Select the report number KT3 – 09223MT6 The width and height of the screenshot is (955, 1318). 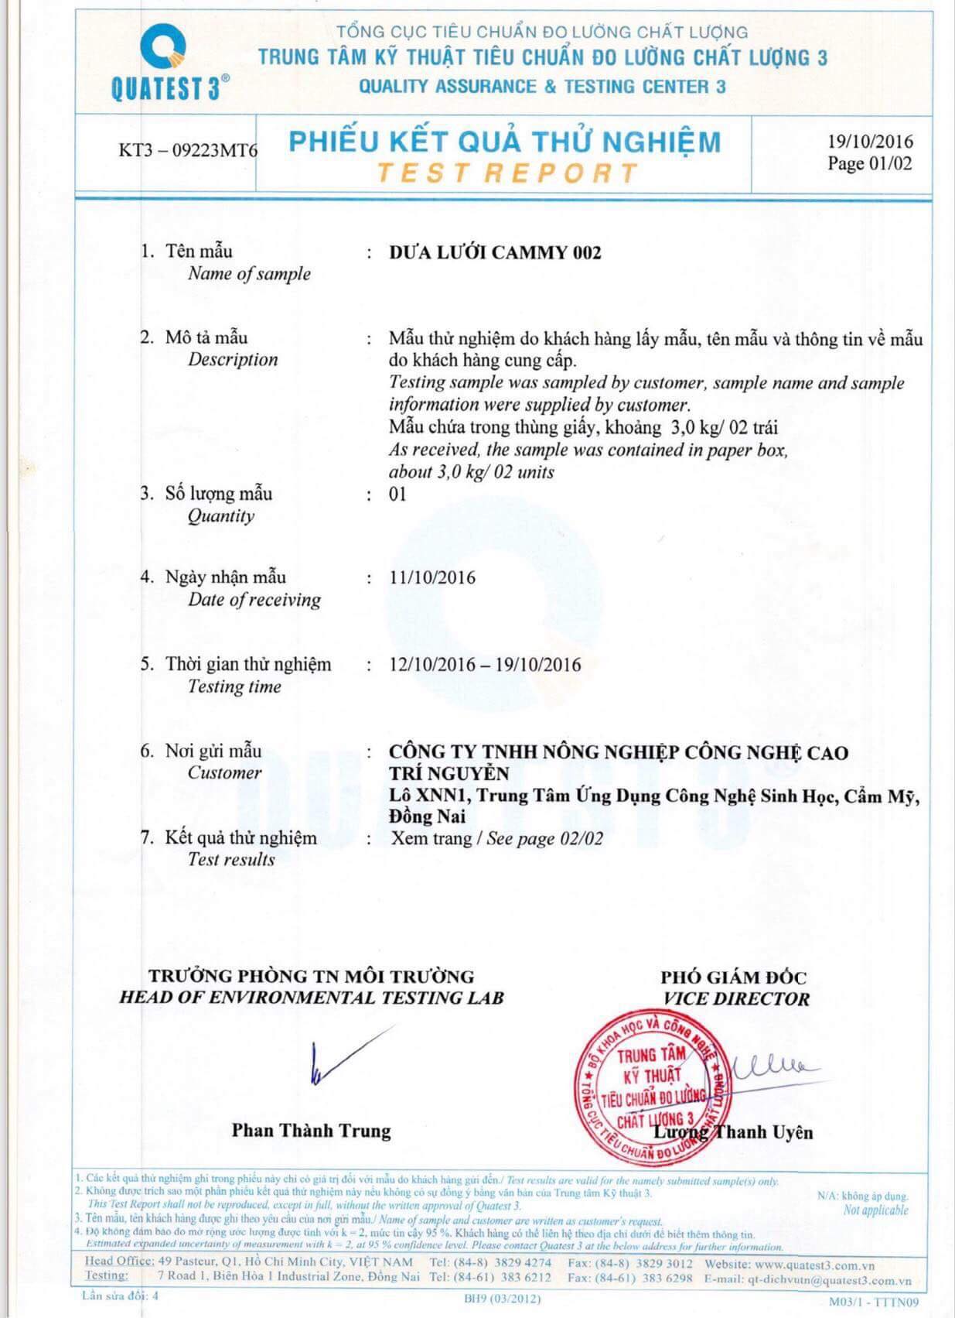coord(187,149)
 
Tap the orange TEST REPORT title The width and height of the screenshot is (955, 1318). coord(507,173)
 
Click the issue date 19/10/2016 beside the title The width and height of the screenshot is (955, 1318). coord(870,141)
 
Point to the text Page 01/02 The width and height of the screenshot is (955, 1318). coord(869,163)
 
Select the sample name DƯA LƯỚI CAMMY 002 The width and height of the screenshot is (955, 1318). coord(495,252)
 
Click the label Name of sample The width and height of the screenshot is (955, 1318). coord(249,274)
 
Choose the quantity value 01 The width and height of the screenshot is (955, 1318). coord(397,494)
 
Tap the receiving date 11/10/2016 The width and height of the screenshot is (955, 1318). coord(432,577)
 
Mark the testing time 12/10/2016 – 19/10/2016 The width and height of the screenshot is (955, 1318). coord(485,665)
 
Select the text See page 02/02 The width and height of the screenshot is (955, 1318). coord(544,838)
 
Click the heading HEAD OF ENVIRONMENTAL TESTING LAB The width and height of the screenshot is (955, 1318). coord(311,998)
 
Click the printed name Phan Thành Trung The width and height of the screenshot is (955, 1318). coord(311,1131)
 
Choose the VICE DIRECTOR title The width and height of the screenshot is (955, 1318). coord(736,999)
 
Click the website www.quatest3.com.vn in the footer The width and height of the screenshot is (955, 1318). coord(815,1264)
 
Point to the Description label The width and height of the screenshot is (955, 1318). coord(233,360)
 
